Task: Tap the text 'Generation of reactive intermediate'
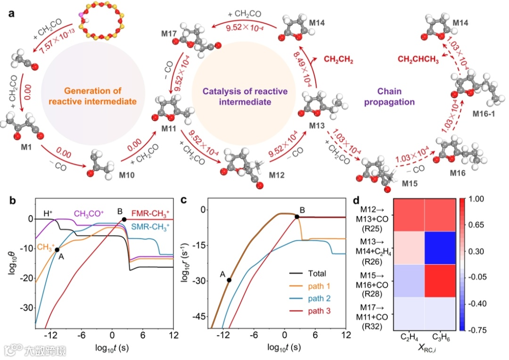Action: pyautogui.click(x=86, y=95)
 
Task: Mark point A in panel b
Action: pyautogui.click(x=57, y=250)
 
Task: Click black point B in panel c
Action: pyautogui.click(x=297, y=217)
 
